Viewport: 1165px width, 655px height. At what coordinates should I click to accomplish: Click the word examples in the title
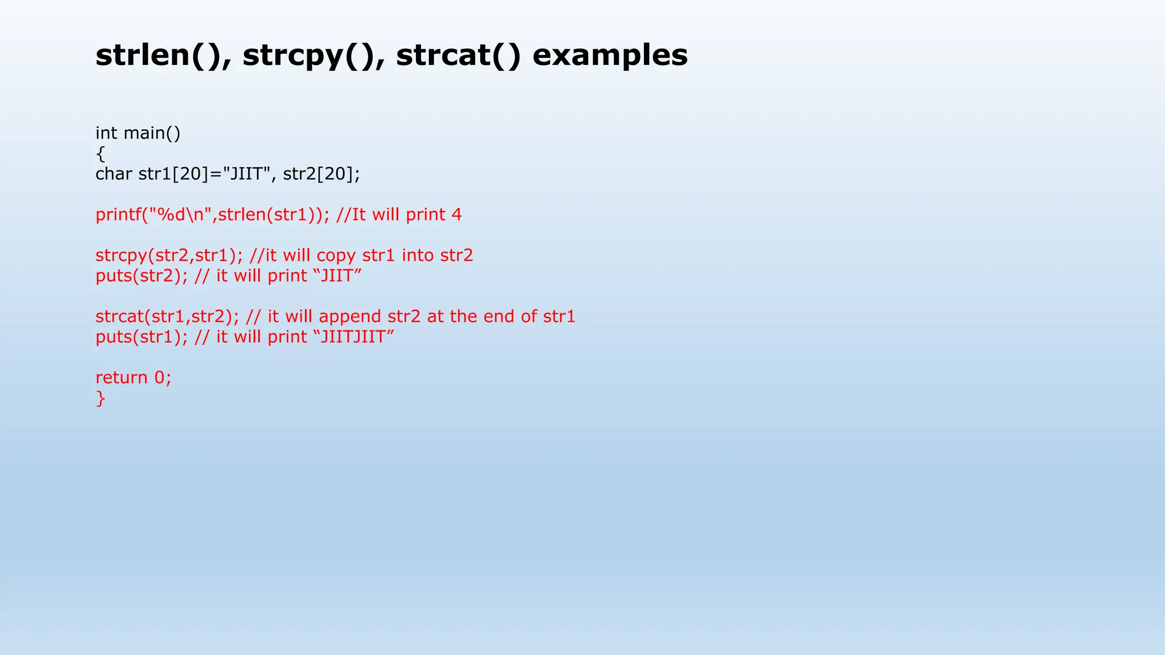tap(610, 55)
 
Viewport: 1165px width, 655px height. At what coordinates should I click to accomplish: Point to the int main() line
tap(138, 133)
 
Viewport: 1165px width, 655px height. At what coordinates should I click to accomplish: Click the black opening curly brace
tap(101, 154)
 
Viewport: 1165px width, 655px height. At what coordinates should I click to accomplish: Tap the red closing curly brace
tap(101, 398)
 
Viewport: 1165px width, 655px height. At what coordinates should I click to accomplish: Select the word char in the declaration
tap(114, 173)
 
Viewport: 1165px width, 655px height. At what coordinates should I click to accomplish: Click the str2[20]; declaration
tap(321, 173)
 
